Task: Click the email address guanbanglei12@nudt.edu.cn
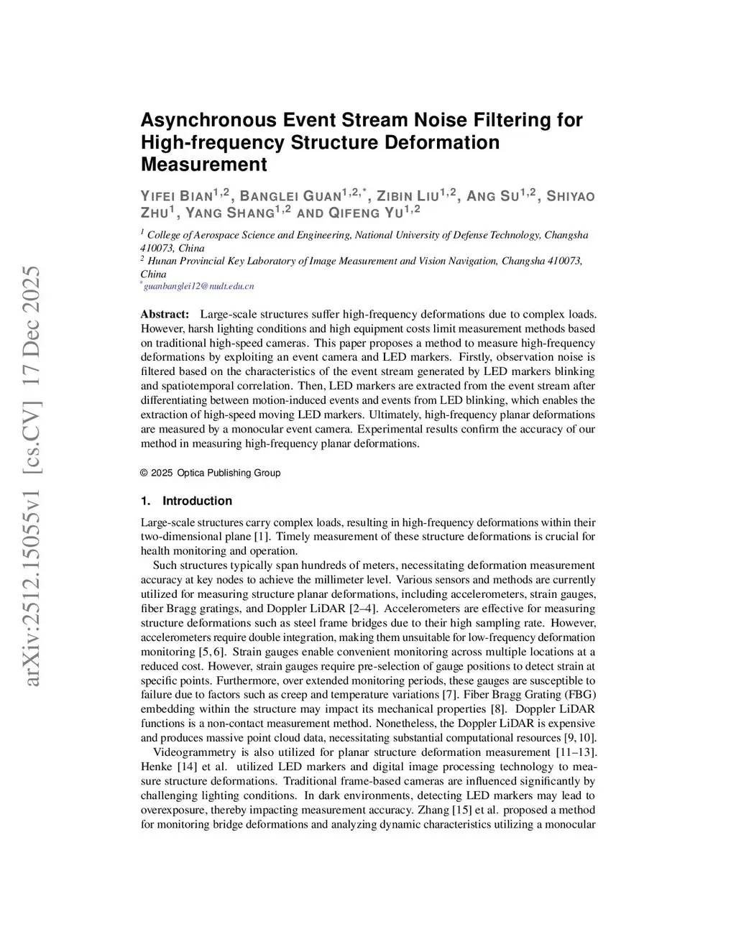click(199, 286)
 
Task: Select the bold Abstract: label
click(165, 314)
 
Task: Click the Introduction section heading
click(197, 501)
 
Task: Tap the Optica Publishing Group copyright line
click(211, 473)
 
